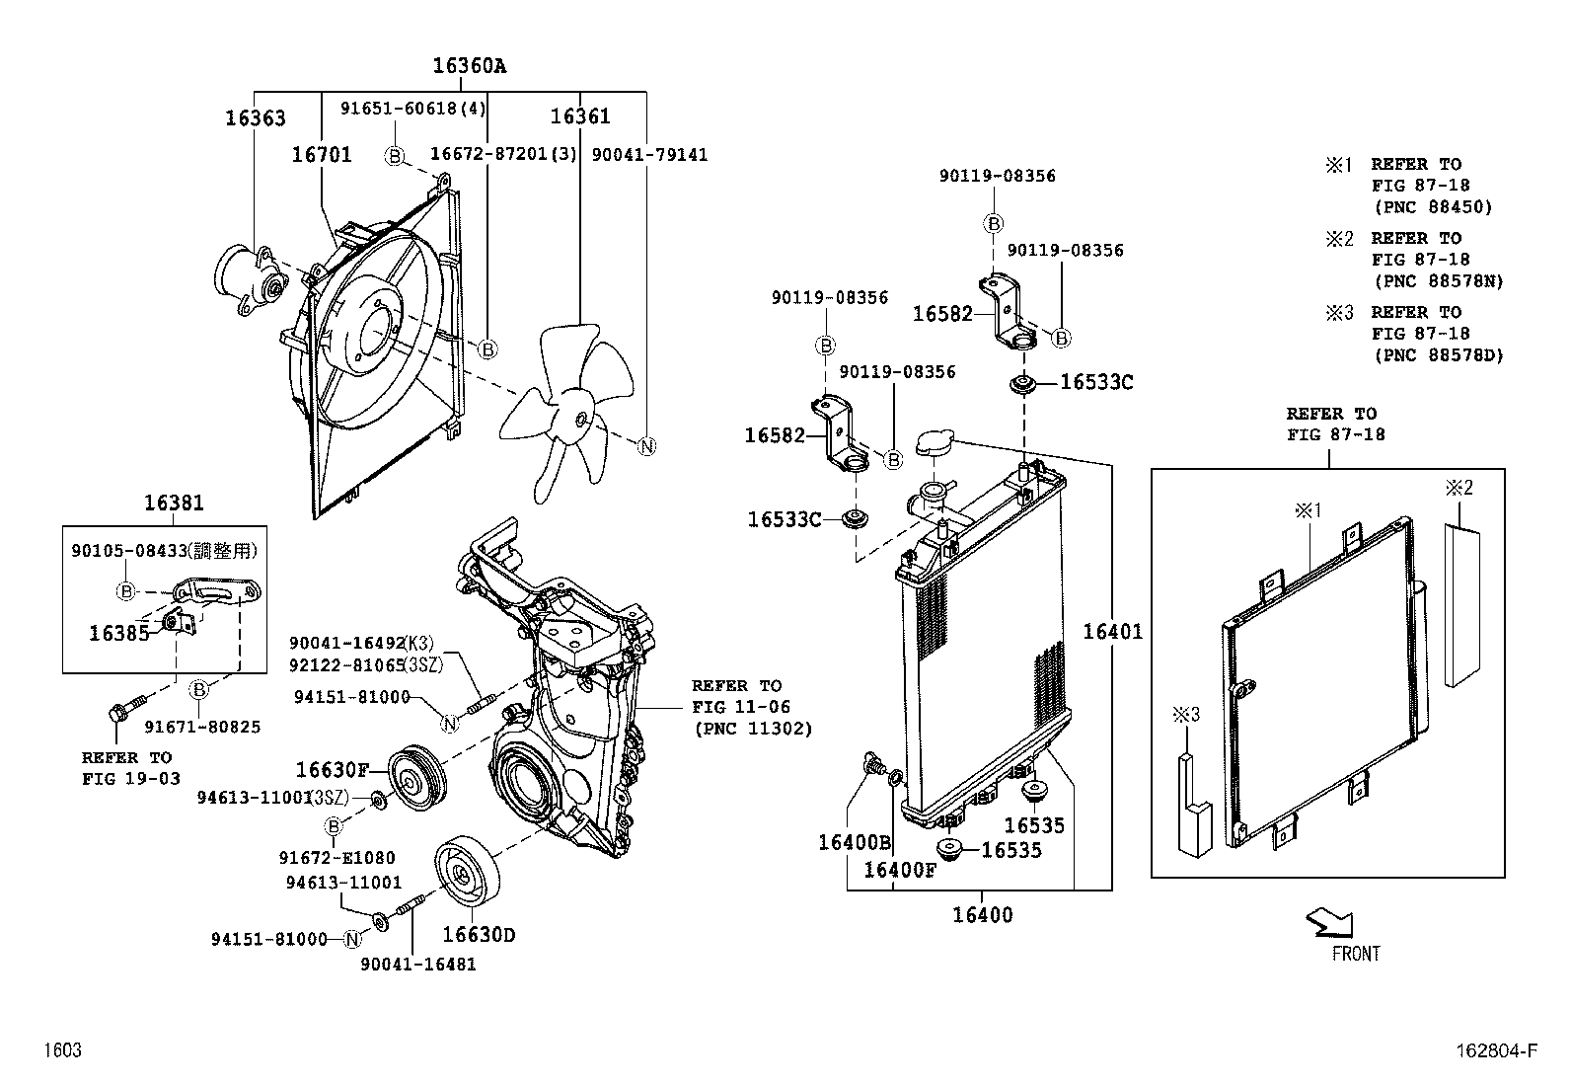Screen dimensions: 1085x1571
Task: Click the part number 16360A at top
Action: click(469, 66)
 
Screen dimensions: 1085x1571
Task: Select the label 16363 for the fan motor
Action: click(255, 118)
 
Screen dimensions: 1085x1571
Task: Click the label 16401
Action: click(1112, 631)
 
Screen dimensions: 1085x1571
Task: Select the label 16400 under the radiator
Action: click(982, 915)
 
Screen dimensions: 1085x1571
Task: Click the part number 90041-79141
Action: click(649, 155)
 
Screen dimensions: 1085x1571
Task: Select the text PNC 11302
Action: click(752, 729)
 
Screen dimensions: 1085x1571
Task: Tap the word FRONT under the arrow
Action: click(1356, 954)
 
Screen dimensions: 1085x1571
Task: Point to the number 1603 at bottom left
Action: click(61, 1050)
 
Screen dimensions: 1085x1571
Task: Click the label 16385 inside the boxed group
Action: click(118, 633)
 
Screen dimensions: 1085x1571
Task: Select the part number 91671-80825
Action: click(202, 727)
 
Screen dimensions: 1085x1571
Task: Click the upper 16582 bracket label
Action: click(941, 314)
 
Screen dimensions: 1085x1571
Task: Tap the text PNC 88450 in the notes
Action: click(1433, 207)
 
